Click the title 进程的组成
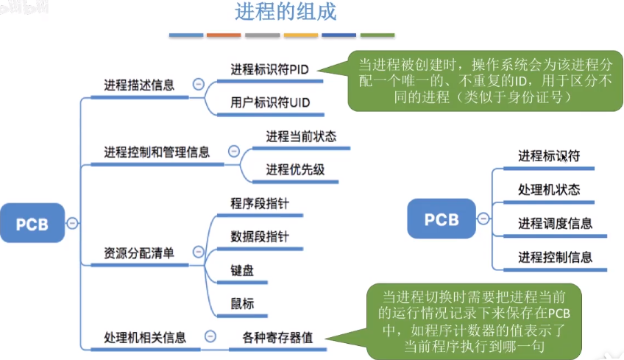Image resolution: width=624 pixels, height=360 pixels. (286, 11)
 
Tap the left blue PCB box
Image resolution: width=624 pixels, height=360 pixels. (32, 223)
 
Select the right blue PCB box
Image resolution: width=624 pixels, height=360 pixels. (442, 219)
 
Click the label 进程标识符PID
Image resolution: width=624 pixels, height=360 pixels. (269, 69)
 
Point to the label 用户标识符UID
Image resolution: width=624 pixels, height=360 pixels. (270, 102)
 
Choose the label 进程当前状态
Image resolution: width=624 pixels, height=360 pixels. (301, 137)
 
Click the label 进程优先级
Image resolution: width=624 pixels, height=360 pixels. (295, 169)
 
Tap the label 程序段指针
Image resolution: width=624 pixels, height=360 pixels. (260, 203)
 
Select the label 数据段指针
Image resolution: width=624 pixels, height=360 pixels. (260, 236)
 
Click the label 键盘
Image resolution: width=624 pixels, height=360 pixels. (242, 270)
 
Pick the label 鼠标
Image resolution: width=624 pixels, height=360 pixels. (242, 304)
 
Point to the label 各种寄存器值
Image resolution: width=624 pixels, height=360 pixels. (277, 338)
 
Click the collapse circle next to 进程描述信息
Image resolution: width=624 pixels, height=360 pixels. (198, 84)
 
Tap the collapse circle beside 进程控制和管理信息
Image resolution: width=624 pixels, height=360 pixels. (233, 152)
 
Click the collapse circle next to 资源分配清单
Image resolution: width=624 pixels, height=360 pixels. (198, 252)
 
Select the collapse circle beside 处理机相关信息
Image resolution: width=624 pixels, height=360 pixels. (210, 336)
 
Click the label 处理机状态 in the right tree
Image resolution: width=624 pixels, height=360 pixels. (549, 189)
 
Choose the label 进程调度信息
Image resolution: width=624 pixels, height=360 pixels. (555, 223)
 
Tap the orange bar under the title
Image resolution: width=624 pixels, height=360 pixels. (224, 35)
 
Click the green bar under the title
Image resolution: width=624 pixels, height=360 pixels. (377, 35)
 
